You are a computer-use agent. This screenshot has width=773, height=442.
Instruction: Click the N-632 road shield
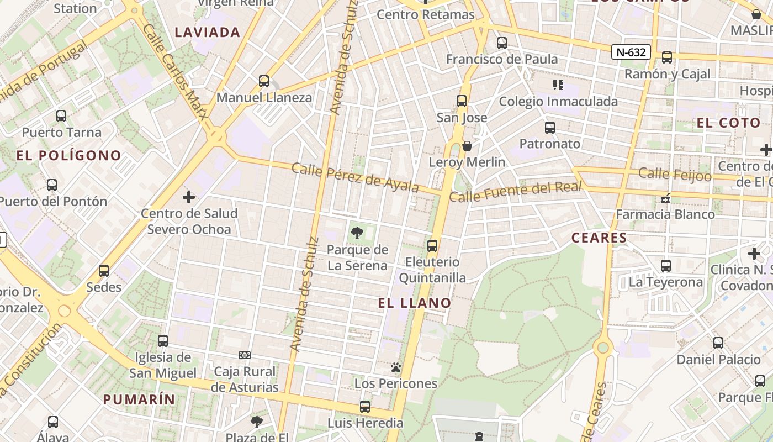coord(631,52)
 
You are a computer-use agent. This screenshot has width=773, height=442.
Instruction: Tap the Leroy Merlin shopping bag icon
coord(467,146)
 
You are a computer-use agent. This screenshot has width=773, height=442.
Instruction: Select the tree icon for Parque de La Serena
coord(357,233)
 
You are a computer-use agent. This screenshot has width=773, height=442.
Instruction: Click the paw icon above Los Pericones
coord(395,367)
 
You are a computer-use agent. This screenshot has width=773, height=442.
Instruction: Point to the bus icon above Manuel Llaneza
coord(264,81)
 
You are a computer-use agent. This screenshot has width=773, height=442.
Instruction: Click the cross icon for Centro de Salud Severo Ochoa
coord(189,197)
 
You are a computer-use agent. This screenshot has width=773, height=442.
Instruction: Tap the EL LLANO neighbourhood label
coord(415,303)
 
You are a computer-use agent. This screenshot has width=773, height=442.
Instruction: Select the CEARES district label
coord(599,238)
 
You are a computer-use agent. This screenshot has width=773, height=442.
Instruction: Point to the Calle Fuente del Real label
coord(516,192)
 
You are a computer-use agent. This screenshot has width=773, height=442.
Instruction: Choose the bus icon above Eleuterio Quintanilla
coord(432,246)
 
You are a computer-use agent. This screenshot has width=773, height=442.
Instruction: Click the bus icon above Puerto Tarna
coord(61,116)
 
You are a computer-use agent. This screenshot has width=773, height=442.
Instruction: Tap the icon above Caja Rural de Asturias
coord(244,355)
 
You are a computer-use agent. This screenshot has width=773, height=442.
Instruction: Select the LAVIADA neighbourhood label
coord(208,33)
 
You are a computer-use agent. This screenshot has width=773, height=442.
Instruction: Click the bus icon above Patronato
coord(549,128)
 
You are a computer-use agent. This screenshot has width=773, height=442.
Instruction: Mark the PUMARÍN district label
coord(139,399)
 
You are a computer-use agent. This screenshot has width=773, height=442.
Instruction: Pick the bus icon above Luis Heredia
coord(365,407)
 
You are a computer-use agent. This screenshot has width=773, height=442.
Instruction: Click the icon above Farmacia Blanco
coord(665,198)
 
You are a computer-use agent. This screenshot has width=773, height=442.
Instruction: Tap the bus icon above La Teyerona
coord(666,266)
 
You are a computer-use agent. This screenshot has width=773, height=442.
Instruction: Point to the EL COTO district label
coord(728,123)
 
